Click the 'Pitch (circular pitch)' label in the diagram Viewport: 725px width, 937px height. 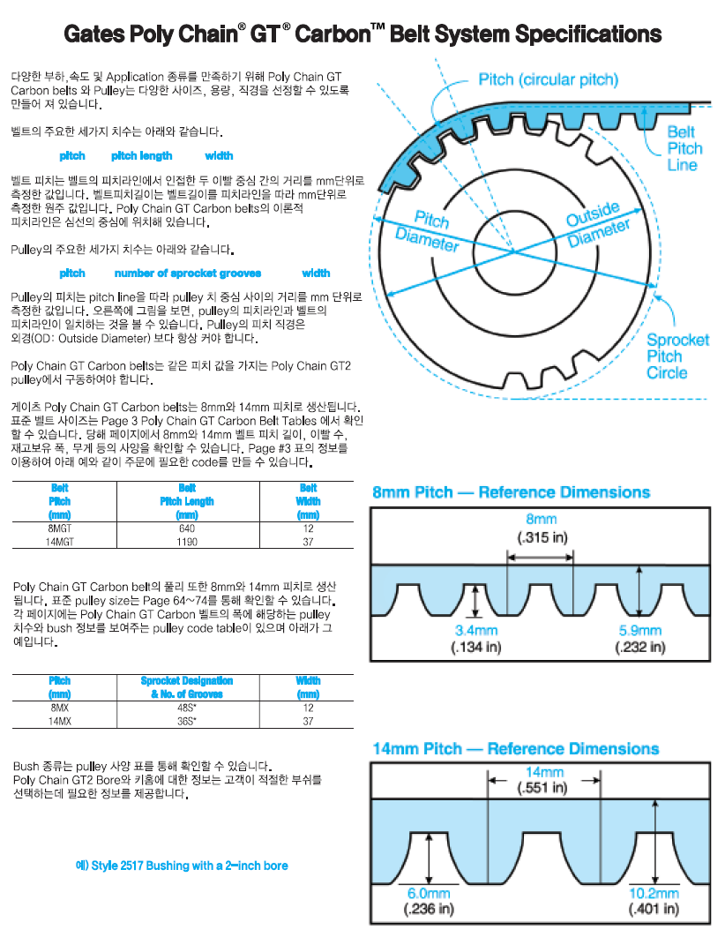click(x=548, y=79)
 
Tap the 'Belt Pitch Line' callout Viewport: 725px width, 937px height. click(x=684, y=148)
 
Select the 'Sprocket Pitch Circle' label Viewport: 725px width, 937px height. click(x=677, y=356)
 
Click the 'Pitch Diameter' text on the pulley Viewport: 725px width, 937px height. click(x=429, y=229)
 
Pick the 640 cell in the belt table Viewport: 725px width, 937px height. click(x=187, y=528)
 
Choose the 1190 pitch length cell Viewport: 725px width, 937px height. click(x=187, y=541)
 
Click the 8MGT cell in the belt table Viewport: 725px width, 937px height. click(x=60, y=528)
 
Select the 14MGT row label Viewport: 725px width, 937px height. click(x=60, y=541)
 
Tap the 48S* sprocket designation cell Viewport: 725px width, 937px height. click(x=187, y=708)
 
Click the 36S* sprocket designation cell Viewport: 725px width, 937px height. click(x=187, y=721)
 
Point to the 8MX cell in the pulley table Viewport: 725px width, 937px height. click(x=60, y=708)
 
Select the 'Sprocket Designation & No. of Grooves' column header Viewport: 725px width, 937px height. click(x=187, y=687)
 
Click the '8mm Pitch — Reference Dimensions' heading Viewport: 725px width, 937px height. click(x=511, y=492)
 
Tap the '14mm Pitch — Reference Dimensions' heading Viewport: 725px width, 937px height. click(x=515, y=749)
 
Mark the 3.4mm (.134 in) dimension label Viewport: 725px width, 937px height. click(x=476, y=639)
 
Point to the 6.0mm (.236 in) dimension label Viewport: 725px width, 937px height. click(x=428, y=901)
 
